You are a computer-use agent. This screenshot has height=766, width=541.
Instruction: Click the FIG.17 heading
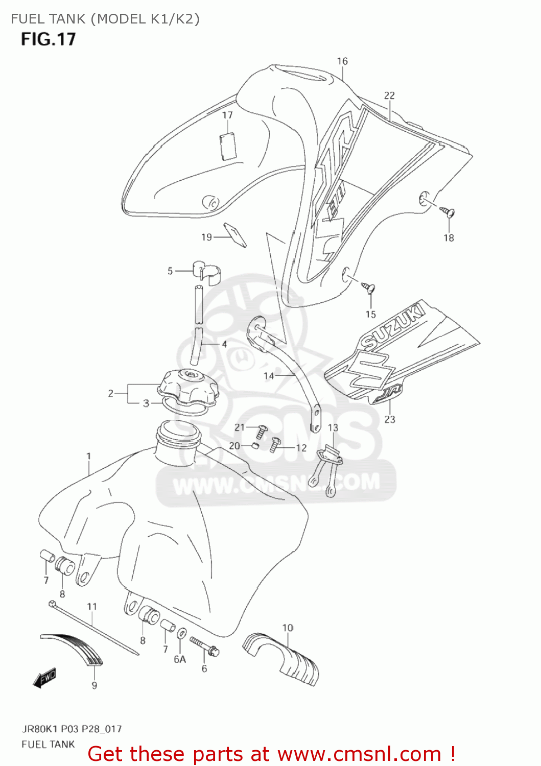pos(48,39)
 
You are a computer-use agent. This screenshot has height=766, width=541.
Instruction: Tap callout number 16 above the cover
pos(342,61)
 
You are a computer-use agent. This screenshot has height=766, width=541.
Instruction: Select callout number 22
pos(389,95)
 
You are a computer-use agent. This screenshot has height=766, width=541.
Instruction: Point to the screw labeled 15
pos(369,288)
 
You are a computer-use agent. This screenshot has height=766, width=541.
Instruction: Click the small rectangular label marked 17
pos(227,147)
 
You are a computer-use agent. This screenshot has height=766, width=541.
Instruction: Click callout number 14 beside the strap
pos(269,376)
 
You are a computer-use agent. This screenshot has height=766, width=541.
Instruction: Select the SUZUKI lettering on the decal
pos(394,325)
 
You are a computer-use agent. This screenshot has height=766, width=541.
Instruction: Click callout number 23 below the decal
pos(390,419)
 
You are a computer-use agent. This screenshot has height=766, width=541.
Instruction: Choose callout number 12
pos(301,448)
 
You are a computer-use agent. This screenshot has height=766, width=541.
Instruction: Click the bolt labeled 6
pos(204,645)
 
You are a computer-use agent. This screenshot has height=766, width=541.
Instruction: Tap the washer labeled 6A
pos(181,634)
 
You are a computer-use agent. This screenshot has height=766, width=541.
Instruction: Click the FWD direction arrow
pos(44,678)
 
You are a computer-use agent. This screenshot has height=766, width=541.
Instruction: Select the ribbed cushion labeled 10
pos(283,656)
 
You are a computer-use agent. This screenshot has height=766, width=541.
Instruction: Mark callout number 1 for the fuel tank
pos(89,456)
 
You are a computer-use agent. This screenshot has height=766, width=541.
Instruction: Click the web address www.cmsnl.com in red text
pos(359,754)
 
